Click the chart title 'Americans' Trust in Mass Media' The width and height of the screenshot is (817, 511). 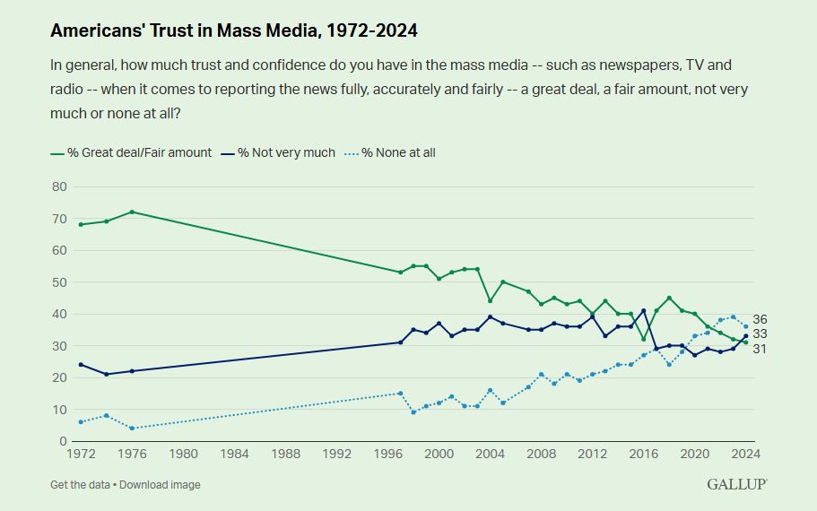(234, 30)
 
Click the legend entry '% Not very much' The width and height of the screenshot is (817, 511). (288, 152)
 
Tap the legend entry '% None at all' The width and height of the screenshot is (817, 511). (398, 152)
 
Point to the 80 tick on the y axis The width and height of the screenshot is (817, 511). (60, 186)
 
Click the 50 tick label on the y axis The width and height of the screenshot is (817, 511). (60, 282)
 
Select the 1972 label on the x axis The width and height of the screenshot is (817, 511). (81, 454)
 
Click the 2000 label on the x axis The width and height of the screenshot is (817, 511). (439, 454)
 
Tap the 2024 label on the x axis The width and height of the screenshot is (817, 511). (745, 454)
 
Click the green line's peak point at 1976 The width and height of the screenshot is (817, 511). (132, 212)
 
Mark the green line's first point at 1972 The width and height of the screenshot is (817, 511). (81, 224)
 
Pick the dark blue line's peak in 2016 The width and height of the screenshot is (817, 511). (643, 310)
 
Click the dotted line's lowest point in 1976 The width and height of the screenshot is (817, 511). (132, 429)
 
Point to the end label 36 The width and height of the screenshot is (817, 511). (760, 320)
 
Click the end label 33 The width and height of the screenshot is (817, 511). (760, 334)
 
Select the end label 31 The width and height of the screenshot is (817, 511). (760, 348)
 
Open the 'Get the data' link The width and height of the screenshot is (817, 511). (80, 485)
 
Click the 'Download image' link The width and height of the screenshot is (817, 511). (160, 485)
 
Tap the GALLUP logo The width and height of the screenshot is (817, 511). (736, 484)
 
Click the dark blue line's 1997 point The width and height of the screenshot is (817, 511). (400, 342)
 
